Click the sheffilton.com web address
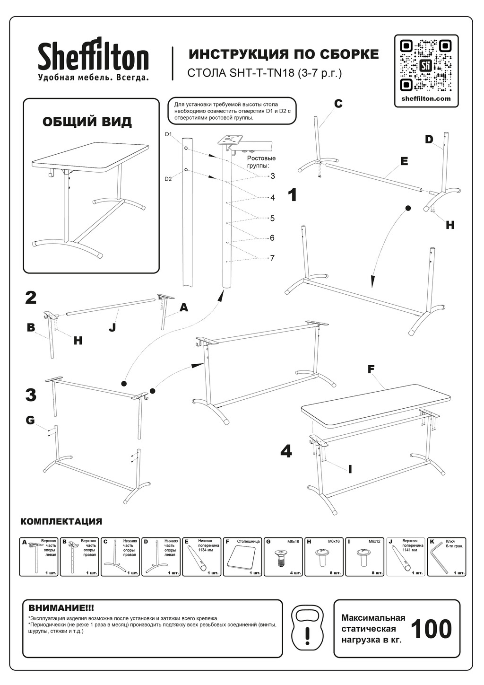(x=426, y=99)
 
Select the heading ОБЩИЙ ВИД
(x=87, y=122)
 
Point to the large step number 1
(x=293, y=195)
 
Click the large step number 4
(x=286, y=451)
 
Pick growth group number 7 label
(x=272, y=258)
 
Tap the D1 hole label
(x=169, y=135)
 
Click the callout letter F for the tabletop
(x=372, y=369)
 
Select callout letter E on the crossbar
(x=404, y=161)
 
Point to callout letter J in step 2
(x=112, y=327)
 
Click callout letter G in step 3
(x=30, y=420)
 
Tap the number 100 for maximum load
(x=431, y=629)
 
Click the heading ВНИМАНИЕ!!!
(x=61, y=607)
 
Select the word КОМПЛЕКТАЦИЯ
(x=61, y=522)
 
